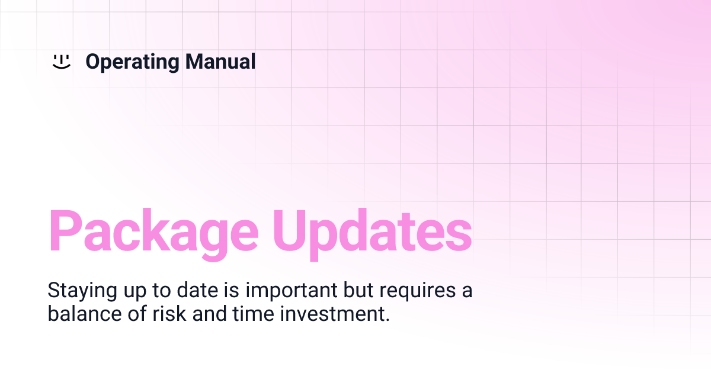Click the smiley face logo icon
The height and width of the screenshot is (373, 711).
61,62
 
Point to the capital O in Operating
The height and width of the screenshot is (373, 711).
93,62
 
